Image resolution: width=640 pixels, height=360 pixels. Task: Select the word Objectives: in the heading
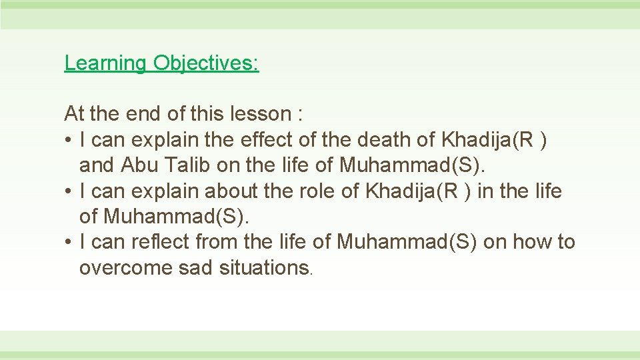coord(205,63)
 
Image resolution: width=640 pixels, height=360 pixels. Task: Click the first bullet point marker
coord(69,141)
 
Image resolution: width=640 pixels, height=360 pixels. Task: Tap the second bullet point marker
coord(69,192)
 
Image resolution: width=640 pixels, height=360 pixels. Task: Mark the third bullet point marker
coord(69,243)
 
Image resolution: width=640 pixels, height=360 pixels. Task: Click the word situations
coord(264,268)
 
